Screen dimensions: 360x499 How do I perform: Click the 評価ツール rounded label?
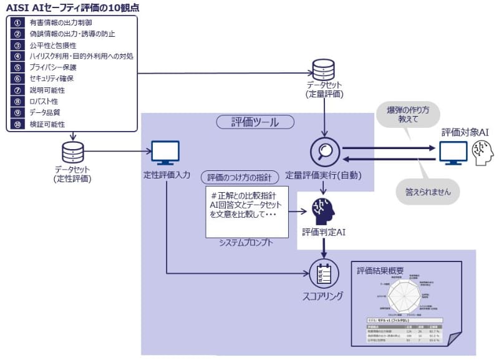[x=248, y=122]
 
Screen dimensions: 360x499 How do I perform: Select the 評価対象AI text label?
[x=465, y=132]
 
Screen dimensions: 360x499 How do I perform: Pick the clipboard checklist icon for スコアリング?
[x=324, y=271]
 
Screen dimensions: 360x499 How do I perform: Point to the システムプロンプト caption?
[x=247, y=243]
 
